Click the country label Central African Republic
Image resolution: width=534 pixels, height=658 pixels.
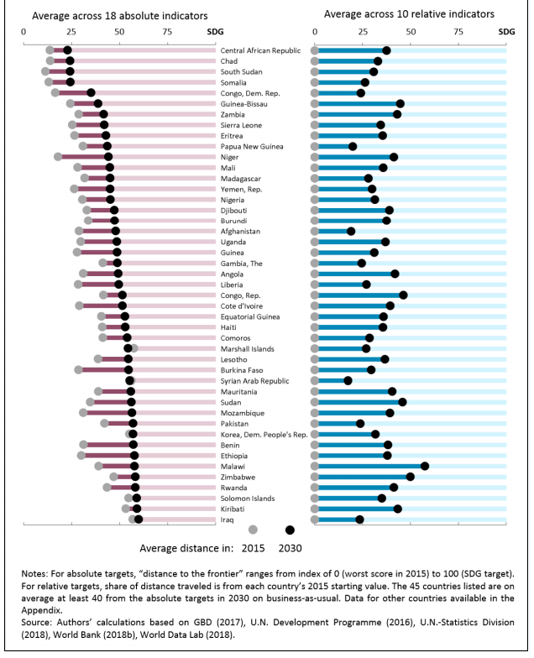tap(260, 50)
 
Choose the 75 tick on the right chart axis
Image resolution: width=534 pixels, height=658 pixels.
tap(458, 31)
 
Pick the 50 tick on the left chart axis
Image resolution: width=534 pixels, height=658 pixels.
tap(119, 31)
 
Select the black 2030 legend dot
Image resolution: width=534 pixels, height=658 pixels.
tap(291, 530)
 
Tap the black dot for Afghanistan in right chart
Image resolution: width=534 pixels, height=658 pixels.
tap(351, 231)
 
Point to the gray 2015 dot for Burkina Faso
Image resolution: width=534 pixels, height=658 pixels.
tap(79, 369)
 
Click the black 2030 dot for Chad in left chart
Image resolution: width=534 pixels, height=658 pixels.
tap(70, 61)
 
